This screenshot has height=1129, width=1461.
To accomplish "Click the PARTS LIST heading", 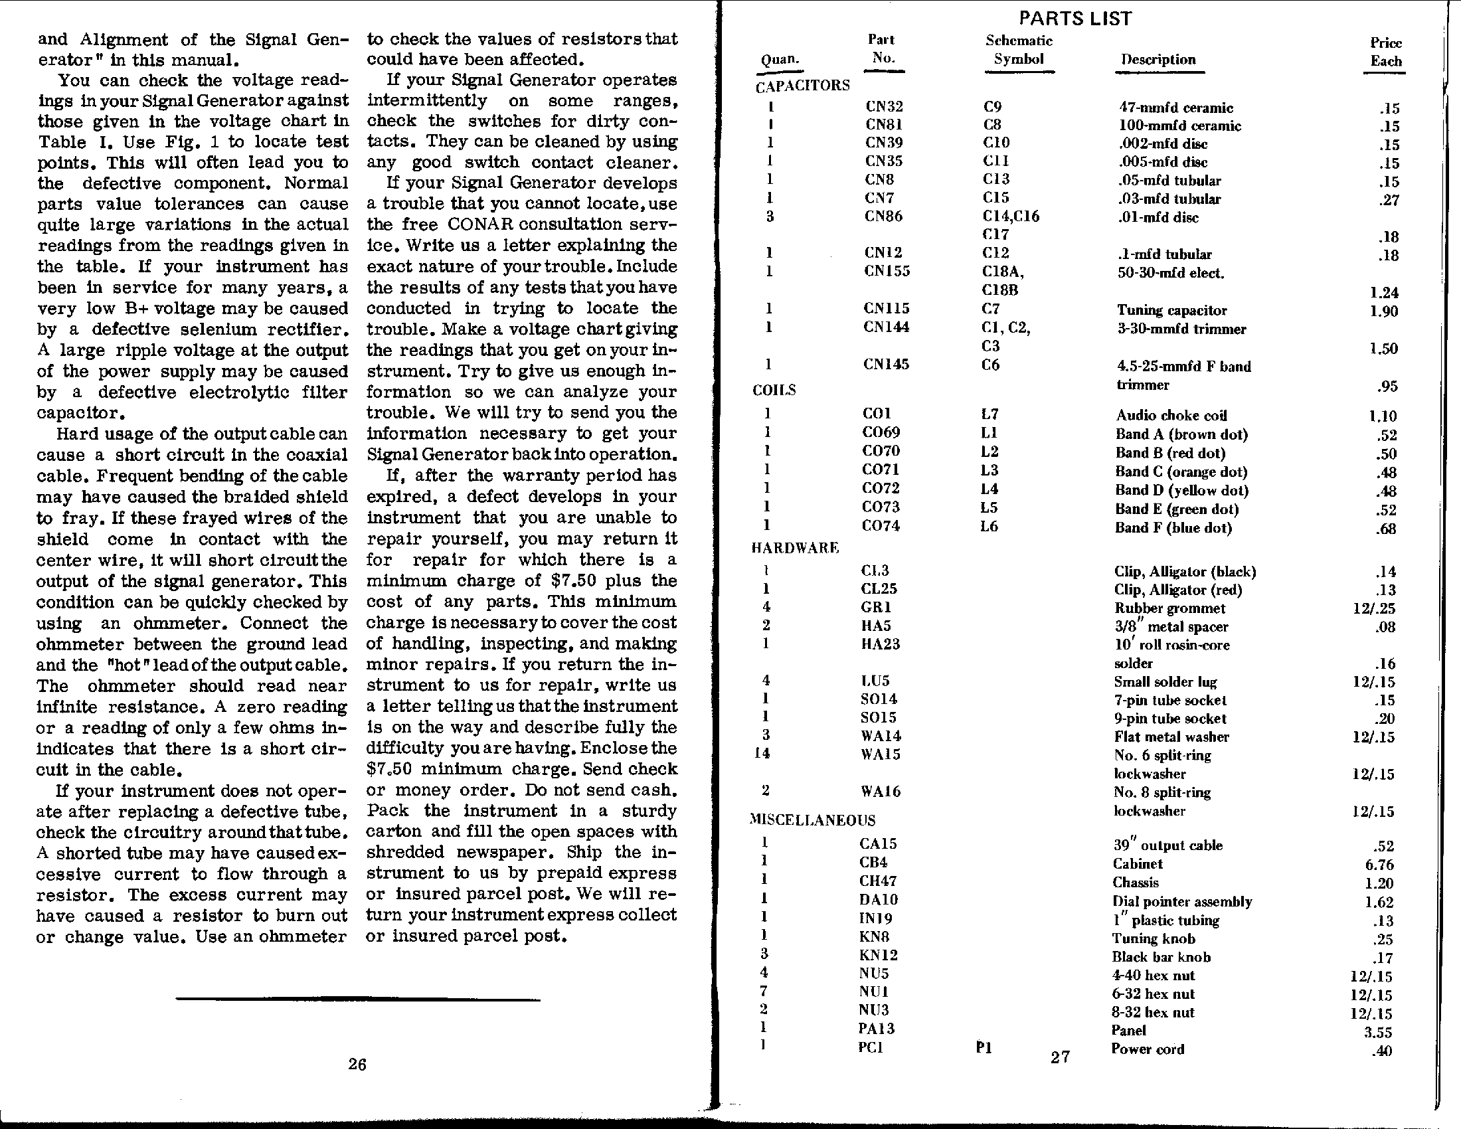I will [1075, 18].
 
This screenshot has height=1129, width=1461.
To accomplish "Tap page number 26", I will [357, 1064].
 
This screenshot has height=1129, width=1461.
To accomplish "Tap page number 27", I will [1061, 1057].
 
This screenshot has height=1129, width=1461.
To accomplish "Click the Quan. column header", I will [780, 59].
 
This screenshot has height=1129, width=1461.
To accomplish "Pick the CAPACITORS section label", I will [803, 86].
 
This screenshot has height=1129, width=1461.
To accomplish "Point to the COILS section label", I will [774, 390].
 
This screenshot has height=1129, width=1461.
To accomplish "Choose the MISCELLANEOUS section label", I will [813, 820].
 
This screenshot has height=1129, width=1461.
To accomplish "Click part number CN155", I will [887, 271].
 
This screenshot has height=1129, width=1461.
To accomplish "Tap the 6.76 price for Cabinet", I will [1379, 865].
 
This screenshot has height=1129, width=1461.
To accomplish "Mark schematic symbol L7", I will [990, 414].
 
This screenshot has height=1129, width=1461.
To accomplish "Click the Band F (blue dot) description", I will [1173, 528].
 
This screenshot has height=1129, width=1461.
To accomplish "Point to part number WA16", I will [881, 791].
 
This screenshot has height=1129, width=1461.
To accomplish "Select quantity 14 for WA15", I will [762, 753].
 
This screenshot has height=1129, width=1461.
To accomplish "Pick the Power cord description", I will [1148, 1049].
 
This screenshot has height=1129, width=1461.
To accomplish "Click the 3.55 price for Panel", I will [1378, 1032].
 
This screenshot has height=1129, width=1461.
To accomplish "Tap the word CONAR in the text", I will [480, 224].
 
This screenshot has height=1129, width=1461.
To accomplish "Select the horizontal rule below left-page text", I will [358, 1000].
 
